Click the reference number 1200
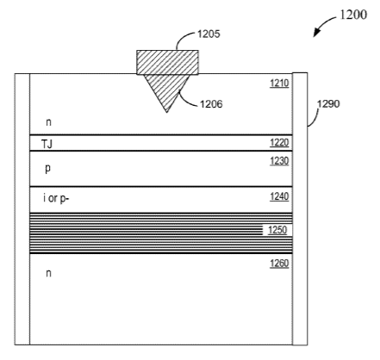pos(353,15)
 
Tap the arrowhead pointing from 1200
pos(316,33)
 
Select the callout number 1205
pos(209,34)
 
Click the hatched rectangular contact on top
pos(167,62)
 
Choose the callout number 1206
pos(211,104)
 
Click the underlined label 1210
pos(279,84)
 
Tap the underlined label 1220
pos(279,143)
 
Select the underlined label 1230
pos(279,161)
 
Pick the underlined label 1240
pos(279,196)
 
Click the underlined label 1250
pos(277,230)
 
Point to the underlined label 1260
pos(279,264)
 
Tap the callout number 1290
pos(328,103)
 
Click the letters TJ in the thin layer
pos(47,144)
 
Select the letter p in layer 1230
pos(48,168)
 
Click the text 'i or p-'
pos(56,198)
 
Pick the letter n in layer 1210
pos(48,122)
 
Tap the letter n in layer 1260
pos(48,273)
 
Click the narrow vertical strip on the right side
pos(300,208)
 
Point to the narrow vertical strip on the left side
pos(22,209)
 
